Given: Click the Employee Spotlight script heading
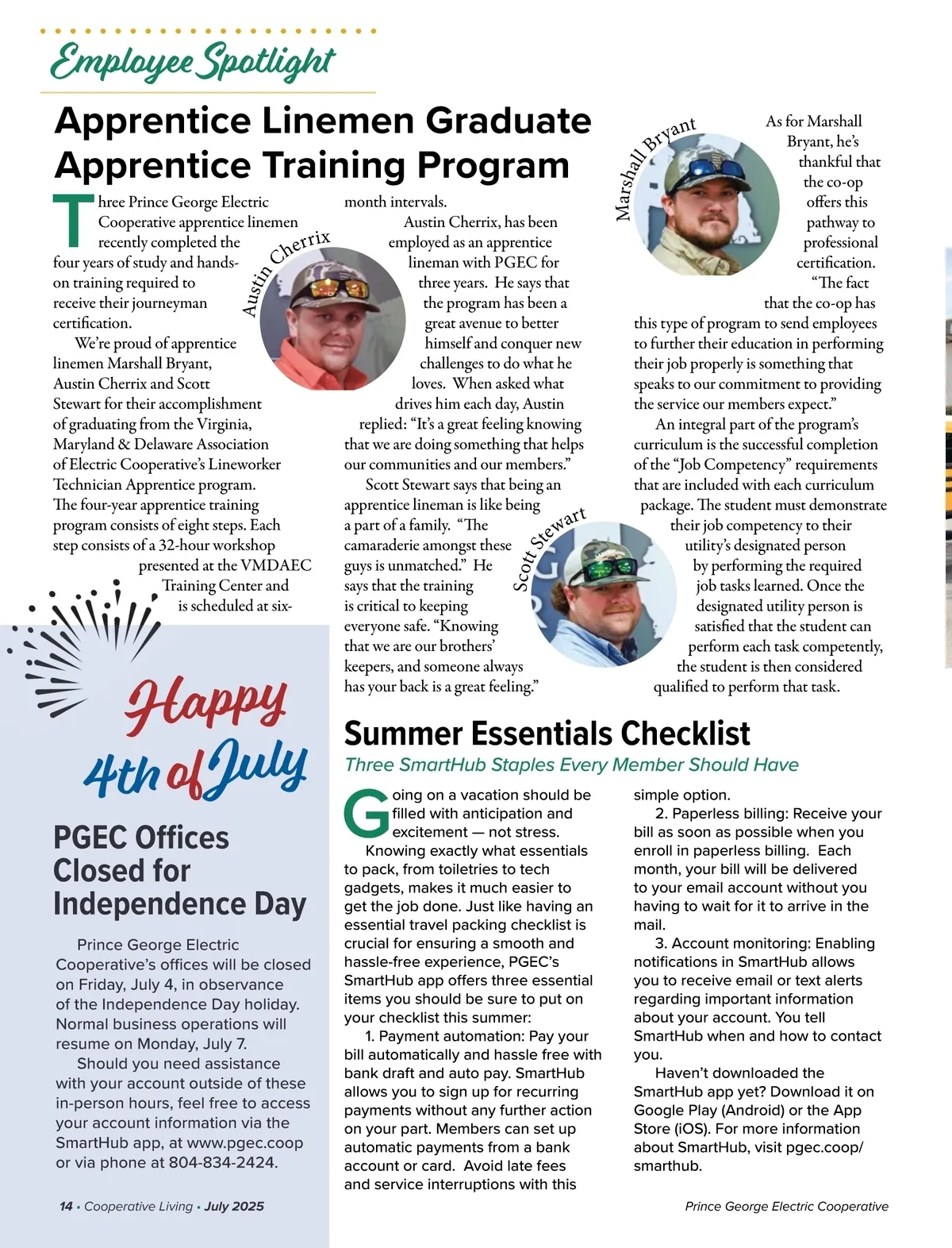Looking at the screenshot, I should tap(193, 63).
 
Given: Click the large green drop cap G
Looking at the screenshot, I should tap(366, 813).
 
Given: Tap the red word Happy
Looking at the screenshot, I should tap(205, 703).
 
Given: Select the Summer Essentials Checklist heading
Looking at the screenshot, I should tap(547, 734).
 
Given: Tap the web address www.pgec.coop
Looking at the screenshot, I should tap(244, 1142).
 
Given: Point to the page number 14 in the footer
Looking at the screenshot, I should tap(66, 1206).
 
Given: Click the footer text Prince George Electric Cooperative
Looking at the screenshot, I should tap(786, 1206).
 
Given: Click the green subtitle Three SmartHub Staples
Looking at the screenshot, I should tap(571, 765).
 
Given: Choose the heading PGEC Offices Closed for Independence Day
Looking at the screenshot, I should tap(179, 871).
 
